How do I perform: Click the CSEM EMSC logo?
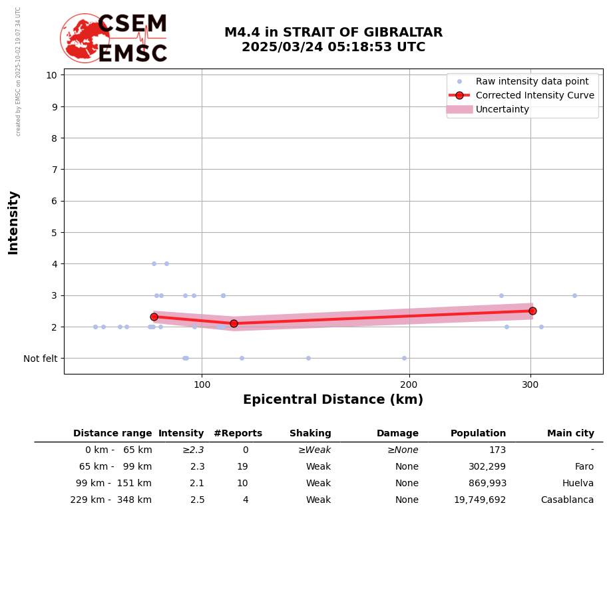tap(114, 39)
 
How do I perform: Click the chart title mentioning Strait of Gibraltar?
tap(333, 40)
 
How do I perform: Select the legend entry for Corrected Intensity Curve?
tap(534, 95)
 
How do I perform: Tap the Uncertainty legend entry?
tap(502, 109)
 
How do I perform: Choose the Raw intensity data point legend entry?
tap(532, 81)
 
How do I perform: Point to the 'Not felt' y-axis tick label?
tap(41, 359)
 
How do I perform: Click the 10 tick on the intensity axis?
tap(51, 75)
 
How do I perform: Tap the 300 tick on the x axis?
tap(530, 384)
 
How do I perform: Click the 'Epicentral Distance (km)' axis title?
tap(333, 400)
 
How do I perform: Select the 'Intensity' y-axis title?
tap(13, 222)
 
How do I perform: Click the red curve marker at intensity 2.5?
tap(532, 311)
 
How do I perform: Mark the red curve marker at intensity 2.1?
tap(234, 323)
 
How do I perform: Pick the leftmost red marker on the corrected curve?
tap(154, 317)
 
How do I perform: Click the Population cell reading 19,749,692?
tap(479, 500)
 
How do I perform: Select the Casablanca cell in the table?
tap(567, 500)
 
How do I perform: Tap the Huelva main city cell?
tap(578, 484)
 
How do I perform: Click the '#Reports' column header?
tap(238, 434)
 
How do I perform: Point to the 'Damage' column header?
tap(397, 434)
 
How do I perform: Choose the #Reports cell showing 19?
tap(242, 467)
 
